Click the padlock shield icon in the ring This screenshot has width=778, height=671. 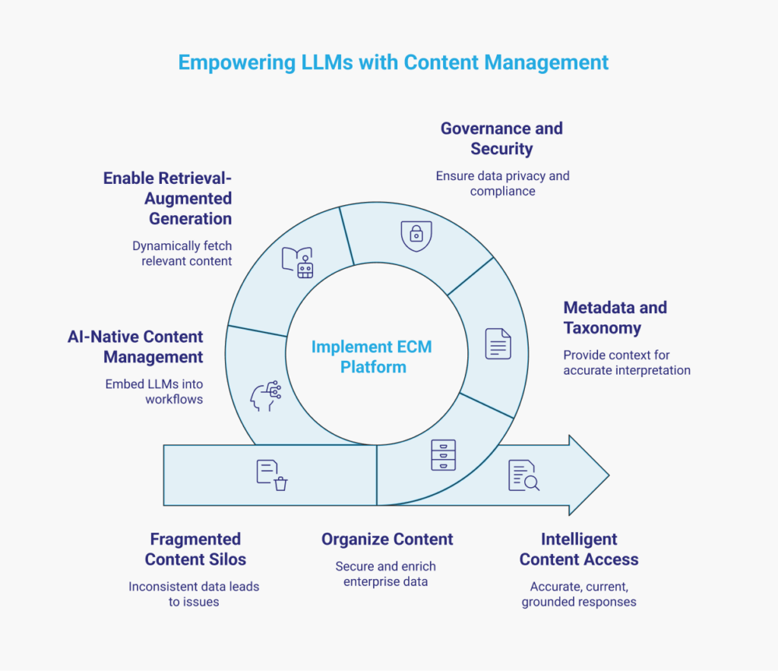point(416,236)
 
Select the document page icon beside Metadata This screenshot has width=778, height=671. point(498,343)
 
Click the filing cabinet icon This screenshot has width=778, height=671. point(443,454)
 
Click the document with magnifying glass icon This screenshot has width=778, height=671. point(523,476)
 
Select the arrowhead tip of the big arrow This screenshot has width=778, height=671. point(604,476)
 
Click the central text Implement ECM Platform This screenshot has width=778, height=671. point(372,357)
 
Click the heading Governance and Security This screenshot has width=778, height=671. point(501,138)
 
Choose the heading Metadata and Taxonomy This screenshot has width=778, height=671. point(615,318)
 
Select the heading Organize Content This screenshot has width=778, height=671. point(387,540)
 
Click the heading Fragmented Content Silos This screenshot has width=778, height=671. point(195,549)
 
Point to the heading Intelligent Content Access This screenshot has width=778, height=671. point(579,549)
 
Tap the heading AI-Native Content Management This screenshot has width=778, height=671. point(135,347)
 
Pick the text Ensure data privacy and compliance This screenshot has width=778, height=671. point(502,183)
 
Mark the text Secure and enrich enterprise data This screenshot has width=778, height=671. point(386,574)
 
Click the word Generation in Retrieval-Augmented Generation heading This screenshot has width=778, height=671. point(190,219)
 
